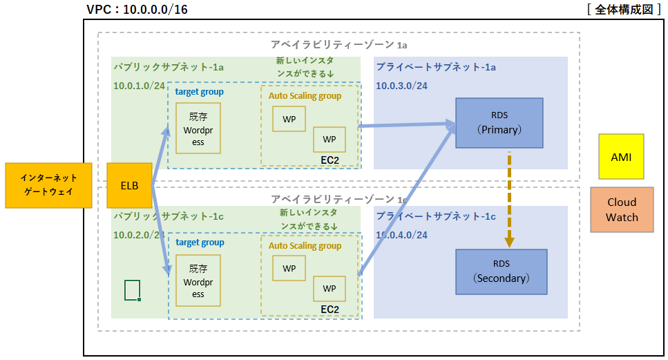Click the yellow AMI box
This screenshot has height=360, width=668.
click(621, 157)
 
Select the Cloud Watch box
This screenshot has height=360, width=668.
click(622, 209)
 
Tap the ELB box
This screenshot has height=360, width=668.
click(129, 186)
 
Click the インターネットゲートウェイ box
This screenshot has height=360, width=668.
click(48, 186)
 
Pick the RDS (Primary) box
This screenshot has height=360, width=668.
click(499, 122)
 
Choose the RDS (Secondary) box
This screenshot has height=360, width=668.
click(501, 272)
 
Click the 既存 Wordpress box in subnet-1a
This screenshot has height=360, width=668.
click(198, 129)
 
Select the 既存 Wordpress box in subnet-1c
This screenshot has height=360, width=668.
click(198, 281)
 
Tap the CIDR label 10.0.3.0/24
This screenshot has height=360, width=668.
click(401, 86)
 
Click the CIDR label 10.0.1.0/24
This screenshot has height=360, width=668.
click(139, 86)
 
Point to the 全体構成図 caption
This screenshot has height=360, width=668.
click(620, 10)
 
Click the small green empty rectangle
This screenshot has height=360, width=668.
click(133, 290)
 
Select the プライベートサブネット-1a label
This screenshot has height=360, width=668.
click(436, 67)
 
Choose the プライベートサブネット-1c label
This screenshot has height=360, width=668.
click(436, 216)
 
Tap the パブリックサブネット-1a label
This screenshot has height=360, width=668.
click(169, 67)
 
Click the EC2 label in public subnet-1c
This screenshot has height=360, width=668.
click(330, 309)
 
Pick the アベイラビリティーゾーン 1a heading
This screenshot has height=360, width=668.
click(338, 44)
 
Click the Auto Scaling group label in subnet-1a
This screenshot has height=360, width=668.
click(305, 96)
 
